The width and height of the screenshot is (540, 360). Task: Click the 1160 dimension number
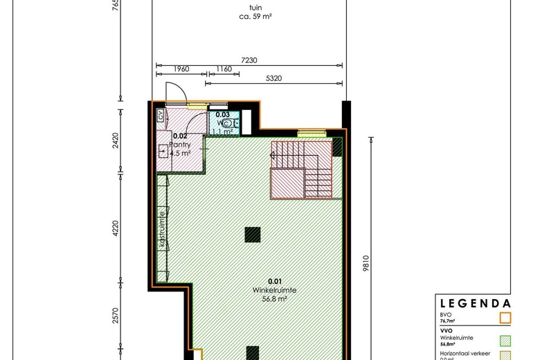[224, 69]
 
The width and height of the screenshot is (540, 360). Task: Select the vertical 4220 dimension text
[116, 228]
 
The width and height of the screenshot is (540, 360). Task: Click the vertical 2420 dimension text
[116, 141]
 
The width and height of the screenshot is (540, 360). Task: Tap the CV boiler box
[160, 116]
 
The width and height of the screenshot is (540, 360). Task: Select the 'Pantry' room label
[179, 145]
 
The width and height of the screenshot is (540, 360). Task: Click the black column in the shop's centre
[253, 235]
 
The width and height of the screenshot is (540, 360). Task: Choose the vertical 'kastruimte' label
[162, 231]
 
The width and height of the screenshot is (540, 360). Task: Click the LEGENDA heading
[476, 303]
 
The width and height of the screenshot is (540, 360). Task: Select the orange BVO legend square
[505, 318]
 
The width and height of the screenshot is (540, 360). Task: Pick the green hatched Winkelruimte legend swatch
[505, 340]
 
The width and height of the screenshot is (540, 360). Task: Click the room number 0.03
[222, 114]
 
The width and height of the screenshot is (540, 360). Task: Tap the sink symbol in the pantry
[164, 151]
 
